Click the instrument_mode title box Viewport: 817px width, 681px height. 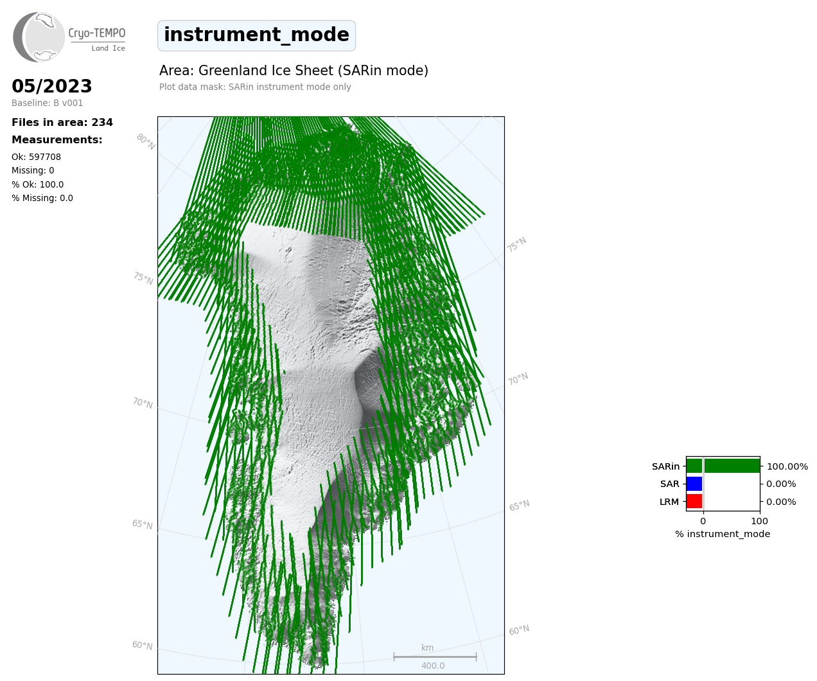[x=256, y=35]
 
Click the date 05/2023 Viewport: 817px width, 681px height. [x=51, y=86]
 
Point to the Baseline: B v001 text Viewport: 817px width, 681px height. [x=48, y=103]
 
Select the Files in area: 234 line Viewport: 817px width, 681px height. [x=62, y=123]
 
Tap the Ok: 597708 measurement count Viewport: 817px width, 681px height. [x=37, y=157]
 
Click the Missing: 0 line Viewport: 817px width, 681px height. [x=33, y=171]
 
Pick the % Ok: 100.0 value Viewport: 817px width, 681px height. [x=37, y=184]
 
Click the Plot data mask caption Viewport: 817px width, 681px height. [x=255, y=87]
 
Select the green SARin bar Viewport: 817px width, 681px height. [x=723, y=466]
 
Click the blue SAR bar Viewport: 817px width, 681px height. [x=694, y=484]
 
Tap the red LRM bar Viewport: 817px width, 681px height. [x=694, y=501]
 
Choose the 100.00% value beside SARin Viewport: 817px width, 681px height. [x=787, y=466]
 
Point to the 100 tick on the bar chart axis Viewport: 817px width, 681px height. [x=759, y=521]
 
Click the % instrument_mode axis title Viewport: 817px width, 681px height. [x=723, y=535]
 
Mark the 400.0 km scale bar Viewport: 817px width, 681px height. [x=435, y=657]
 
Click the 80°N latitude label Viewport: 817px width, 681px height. [x=146, y=142]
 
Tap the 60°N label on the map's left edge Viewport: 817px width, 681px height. [x=142, y=646]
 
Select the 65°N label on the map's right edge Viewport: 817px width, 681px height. [x=519, y=506]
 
